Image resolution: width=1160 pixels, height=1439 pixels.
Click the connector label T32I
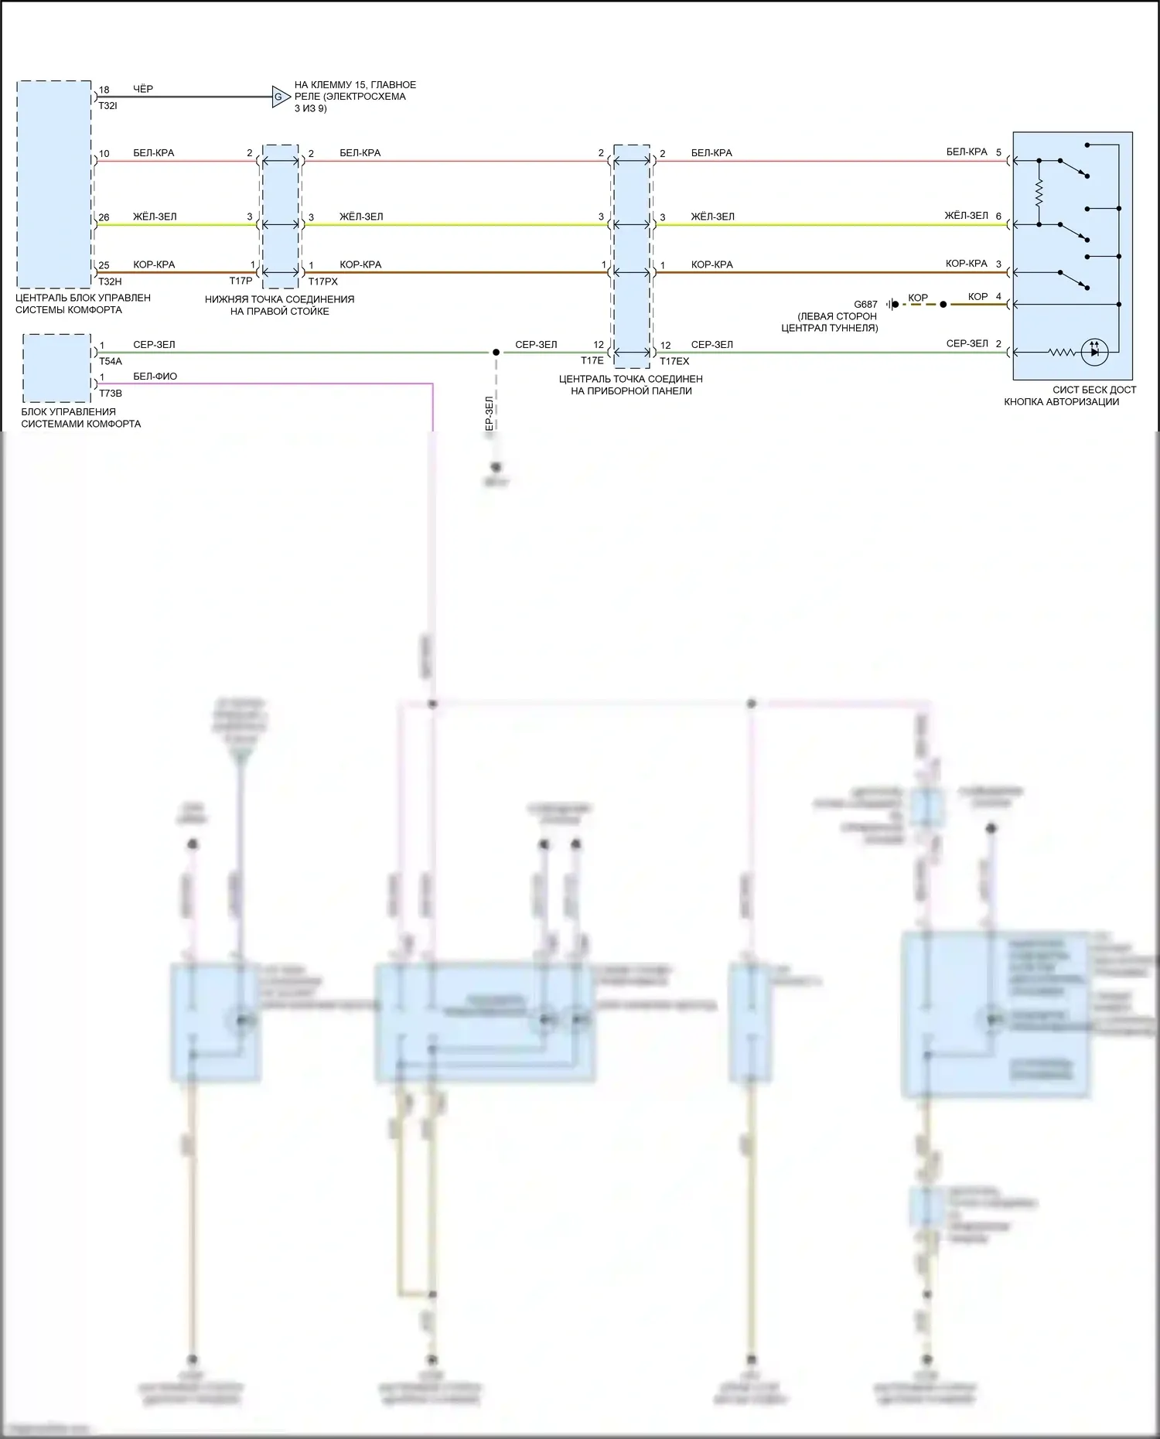[x=107, y=105]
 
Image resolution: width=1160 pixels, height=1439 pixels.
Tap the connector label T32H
[x=110, y=282]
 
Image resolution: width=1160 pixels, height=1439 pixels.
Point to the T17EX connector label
[x=674, y=361]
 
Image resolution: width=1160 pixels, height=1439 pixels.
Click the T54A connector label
[x=110, y=361]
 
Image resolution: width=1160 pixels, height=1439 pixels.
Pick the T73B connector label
[x=110, y=394]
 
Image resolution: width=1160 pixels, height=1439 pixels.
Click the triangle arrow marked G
[x=280, y=97]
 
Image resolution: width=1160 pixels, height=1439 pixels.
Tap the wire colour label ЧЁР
[x=143, y=89]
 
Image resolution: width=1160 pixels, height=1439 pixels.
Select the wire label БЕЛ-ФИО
[x=155, y=377]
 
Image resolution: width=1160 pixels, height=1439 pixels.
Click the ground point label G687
[x=865, y=305]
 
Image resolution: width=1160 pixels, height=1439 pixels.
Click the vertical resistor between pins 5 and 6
[x=1039, y=193]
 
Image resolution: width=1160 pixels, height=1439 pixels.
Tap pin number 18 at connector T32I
[x=104, y=90]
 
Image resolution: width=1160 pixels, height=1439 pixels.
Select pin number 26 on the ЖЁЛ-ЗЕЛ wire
[x=104, y=218]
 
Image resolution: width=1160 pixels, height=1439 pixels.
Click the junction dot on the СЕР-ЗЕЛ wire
[x=496, y=353]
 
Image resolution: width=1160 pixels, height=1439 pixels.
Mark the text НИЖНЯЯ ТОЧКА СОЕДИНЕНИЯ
[x=279, y=299]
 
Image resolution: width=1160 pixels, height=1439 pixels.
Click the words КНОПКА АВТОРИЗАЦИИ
[x=1061, y=402]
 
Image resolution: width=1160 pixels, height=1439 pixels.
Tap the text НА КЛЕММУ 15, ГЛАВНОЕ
[x=355, y=85]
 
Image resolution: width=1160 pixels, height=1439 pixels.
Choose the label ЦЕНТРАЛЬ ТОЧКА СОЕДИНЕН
[x=630, y=379]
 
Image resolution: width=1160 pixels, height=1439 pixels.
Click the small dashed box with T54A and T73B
[x=56, y=368]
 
